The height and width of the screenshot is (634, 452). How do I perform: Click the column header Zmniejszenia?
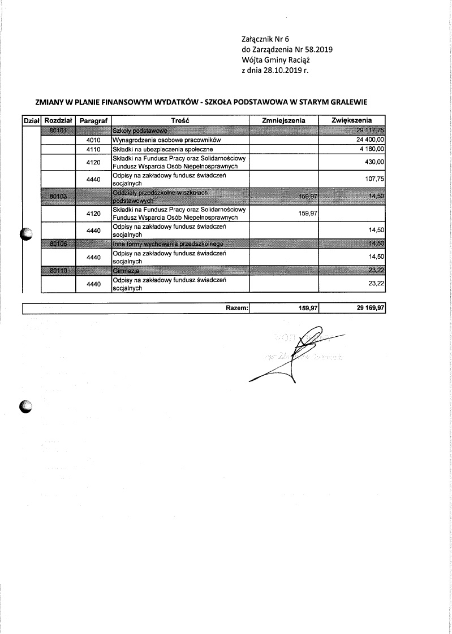(x=284, y=120)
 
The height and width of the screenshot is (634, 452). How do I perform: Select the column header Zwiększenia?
(x=352, y=120)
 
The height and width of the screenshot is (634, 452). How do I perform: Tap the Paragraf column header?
(x=93, y=121)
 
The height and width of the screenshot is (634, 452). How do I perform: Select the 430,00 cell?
(x=375, y=162)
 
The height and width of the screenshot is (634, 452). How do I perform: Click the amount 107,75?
(x=375, y=179)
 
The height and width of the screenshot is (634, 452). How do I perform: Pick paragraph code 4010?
(x=93, y=139)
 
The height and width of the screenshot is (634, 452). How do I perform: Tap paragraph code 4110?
(x=93, y=148)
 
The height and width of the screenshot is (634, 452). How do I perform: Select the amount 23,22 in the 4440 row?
(x=376, y=284)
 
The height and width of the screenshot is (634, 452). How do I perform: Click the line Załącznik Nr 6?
(x=265, y=39)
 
